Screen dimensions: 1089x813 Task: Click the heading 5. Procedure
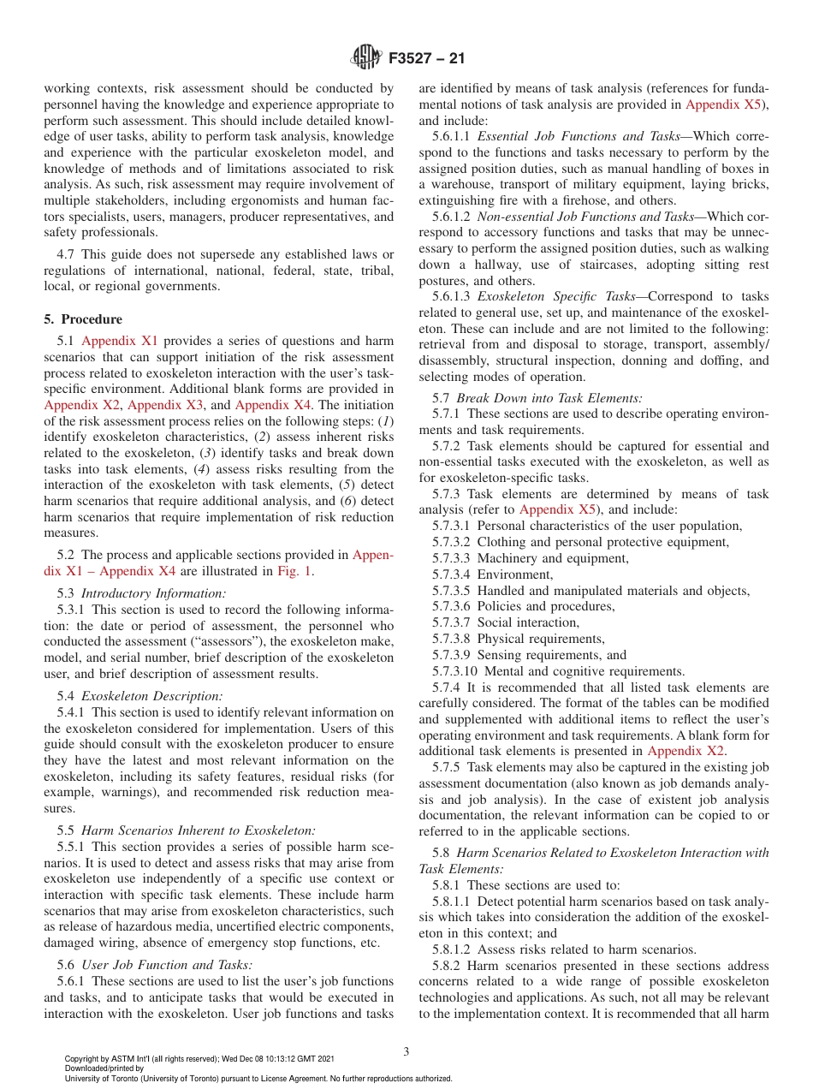83,319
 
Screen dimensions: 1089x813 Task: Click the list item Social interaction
527,622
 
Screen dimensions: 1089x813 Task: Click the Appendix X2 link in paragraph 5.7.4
685,751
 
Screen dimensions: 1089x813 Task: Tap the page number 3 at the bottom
406,1051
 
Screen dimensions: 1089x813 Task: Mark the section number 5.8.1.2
452,949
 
